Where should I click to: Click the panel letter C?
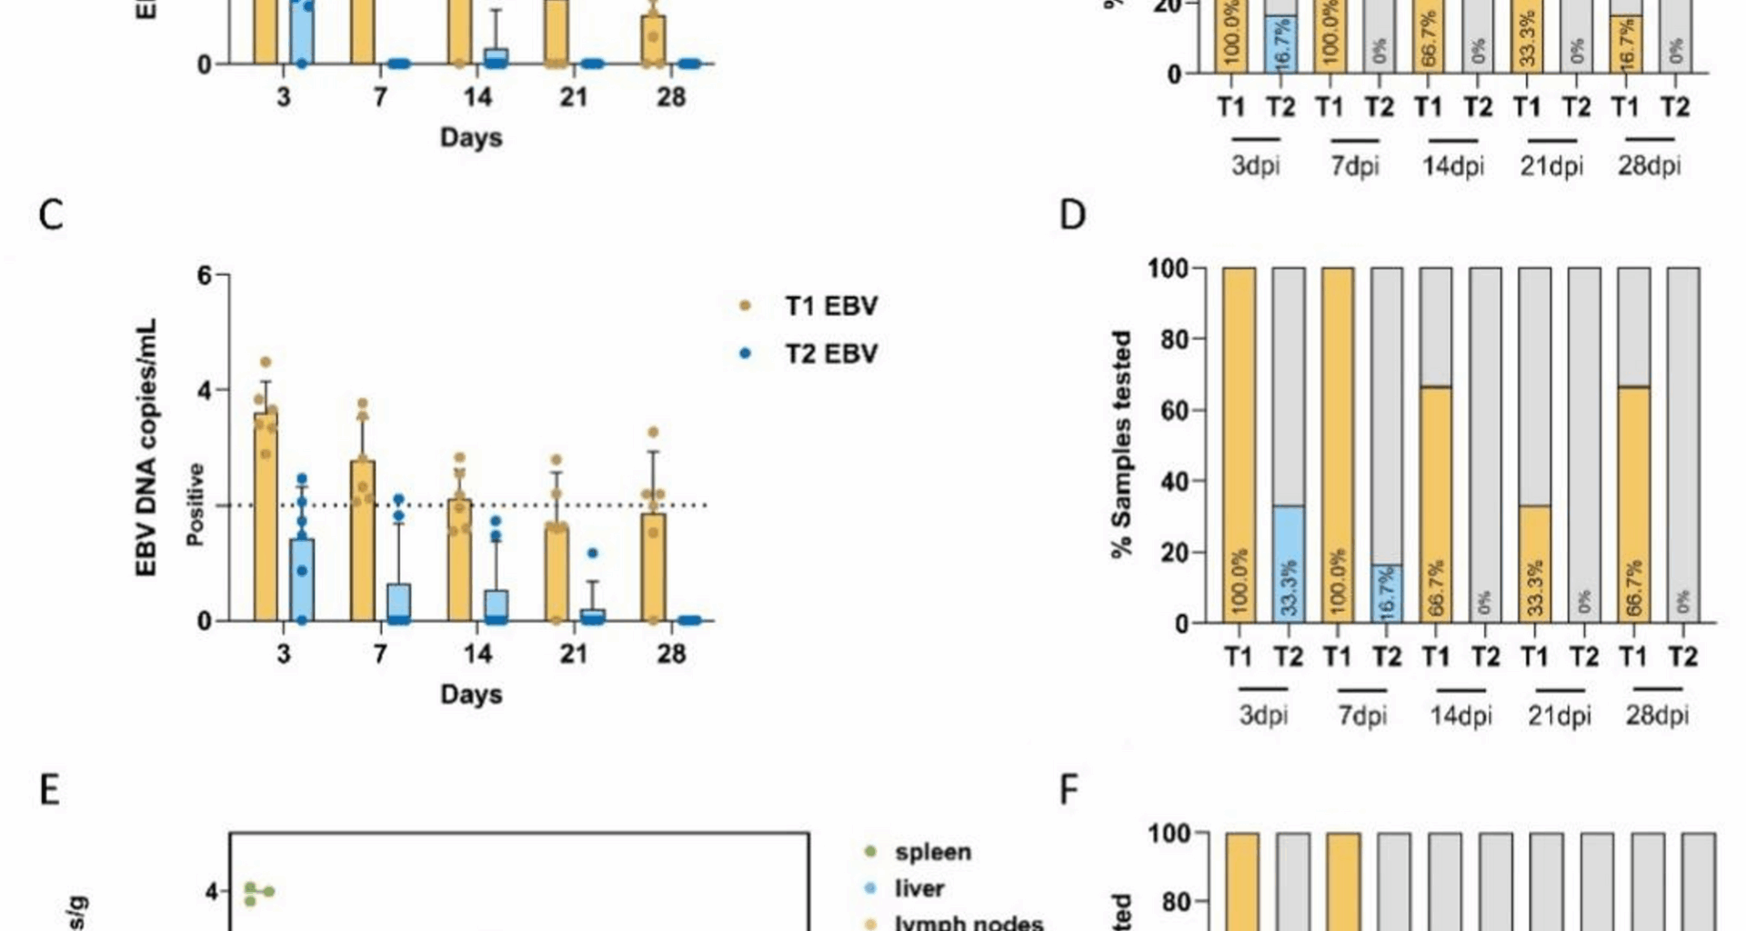coord(51,216)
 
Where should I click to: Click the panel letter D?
coord(1073,216)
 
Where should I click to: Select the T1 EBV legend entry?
coord(830,306)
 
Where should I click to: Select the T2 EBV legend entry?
coord(830,354)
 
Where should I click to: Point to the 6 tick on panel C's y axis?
coord(205,275)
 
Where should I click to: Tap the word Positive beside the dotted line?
coord(196,505)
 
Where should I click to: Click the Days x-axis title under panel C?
coord(471,695)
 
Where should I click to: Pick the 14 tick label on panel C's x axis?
coord(477,654)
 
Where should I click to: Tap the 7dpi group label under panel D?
coord(1362,716)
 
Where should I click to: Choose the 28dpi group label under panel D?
coord(1657,716)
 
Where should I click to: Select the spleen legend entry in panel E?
coord(932,853)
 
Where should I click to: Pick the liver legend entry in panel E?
coord(918,888)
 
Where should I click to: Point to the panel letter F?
coord(1069,791)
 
